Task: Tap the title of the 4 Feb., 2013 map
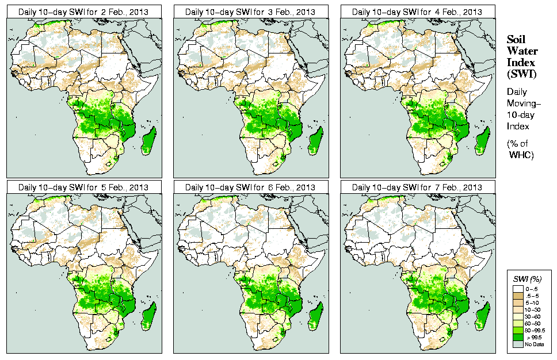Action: click(417, 12)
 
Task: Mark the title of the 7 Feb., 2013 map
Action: click(417, 187)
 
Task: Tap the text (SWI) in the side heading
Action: click(520, 74)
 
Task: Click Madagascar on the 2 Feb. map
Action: click(149, 141)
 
